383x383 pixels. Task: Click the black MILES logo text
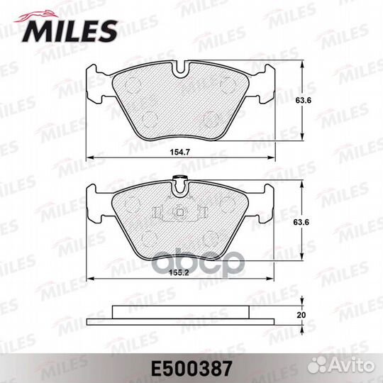pos(70,32)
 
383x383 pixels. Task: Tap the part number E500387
pos(191,369)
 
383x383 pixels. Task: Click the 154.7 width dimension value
pos(180,152)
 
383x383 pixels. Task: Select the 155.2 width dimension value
pos(179,273)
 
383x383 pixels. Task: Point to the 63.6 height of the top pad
pos(304,100)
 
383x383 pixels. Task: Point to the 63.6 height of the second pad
pos(301,222)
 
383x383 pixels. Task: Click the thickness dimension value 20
pos(301,315)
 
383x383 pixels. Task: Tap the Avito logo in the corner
pos(341,367)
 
